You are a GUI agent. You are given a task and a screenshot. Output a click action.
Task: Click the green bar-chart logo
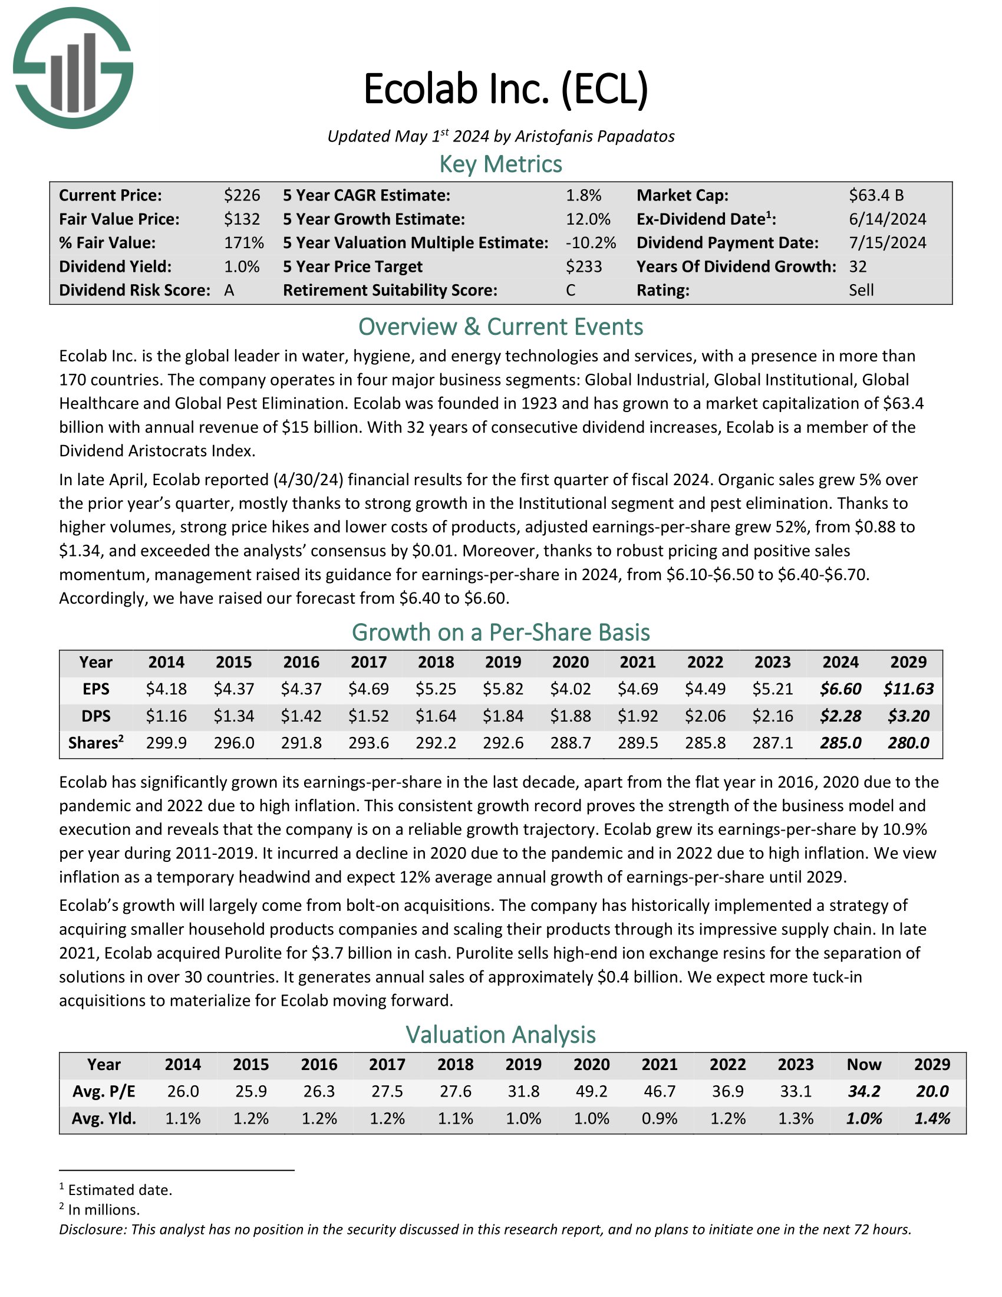point(73,68)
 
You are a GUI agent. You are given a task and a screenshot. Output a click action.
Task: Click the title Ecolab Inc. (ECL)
point(505,89)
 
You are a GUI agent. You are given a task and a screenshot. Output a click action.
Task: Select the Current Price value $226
point(242,195)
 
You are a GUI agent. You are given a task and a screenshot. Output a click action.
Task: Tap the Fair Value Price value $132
point(242,219)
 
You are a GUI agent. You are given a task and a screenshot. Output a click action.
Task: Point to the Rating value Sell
point(861,291)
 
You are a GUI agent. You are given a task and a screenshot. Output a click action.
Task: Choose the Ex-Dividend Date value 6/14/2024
point(887,219)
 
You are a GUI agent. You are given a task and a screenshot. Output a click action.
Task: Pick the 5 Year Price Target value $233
point(584,266)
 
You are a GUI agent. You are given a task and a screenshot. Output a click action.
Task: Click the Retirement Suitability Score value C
point(571,291)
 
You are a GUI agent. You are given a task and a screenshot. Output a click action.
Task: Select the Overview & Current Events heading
point(500,327)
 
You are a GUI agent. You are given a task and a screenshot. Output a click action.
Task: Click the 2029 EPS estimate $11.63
point(908,689)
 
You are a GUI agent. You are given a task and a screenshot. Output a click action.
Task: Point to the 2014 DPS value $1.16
point(166,716)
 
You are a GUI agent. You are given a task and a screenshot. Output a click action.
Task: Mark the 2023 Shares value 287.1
point(772,743)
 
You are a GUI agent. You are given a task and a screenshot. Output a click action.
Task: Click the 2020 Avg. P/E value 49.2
point(591,1091)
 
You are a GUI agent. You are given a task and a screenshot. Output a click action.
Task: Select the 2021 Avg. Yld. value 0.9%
point(660,1119)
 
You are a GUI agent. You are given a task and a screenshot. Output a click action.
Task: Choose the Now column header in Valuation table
point(863,1064)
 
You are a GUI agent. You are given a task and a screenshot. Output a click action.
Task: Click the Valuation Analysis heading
point(500,1035)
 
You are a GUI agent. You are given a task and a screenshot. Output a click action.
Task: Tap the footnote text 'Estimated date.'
point(120,1190)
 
